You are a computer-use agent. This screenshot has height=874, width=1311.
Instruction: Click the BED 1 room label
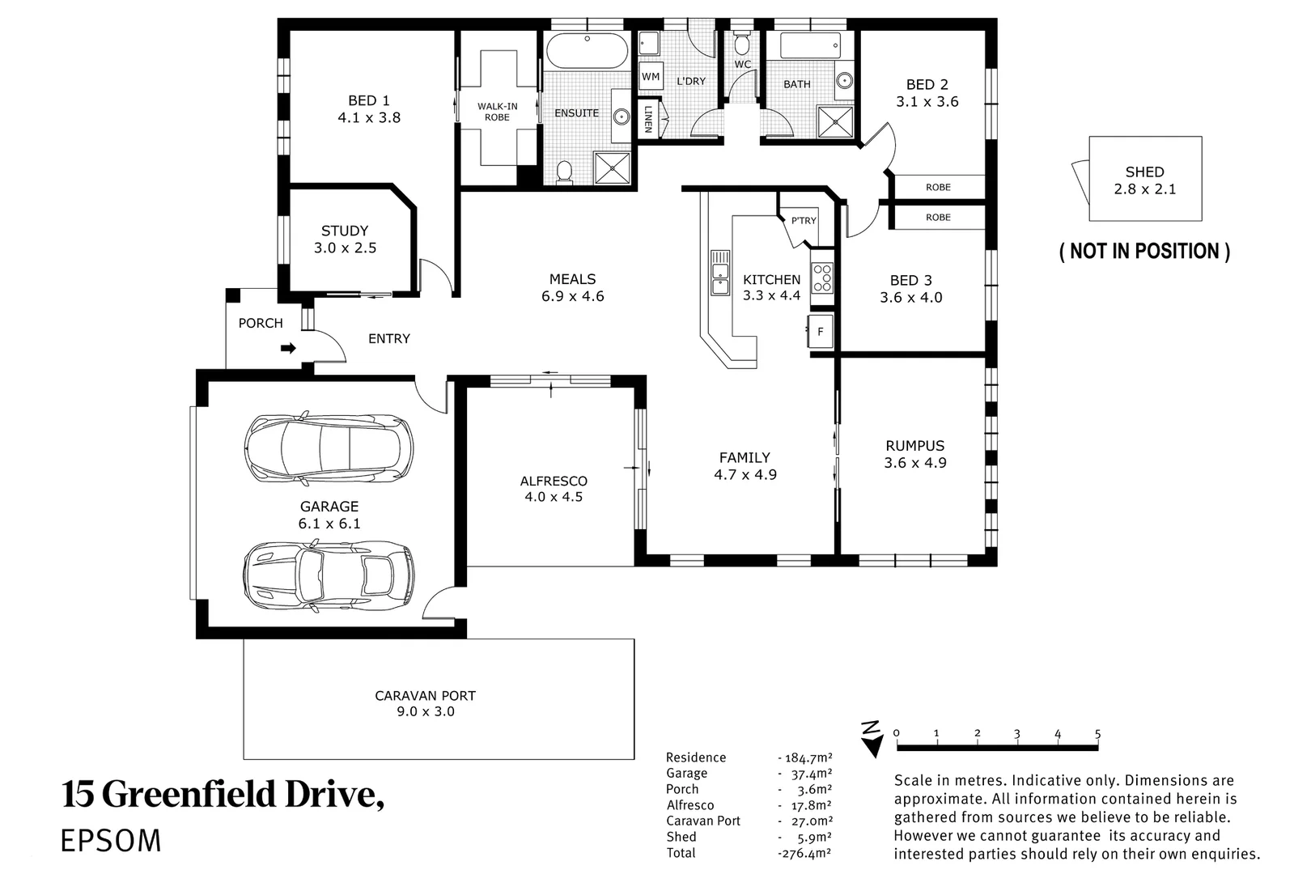click(x=369, y=101)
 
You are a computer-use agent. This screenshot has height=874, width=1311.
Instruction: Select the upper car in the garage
click(x=329, y=449)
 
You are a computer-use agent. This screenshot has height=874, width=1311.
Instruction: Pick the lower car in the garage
click(x=329, y=575)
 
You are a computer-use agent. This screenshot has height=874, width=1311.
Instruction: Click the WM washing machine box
click(x=651, y=77)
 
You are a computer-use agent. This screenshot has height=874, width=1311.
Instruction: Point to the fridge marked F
click(x=821, y=332)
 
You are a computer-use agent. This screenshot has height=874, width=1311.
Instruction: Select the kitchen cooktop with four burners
click(x=822, y=278)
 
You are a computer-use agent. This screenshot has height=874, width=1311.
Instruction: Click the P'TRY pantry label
click(x=803, y=220)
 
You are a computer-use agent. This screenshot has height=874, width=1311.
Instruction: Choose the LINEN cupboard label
click(x=648, y=119)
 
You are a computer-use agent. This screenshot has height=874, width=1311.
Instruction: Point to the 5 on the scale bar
click(x=1098, y=734)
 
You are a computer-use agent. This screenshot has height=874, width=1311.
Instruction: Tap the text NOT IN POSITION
click(x=1144, y=252)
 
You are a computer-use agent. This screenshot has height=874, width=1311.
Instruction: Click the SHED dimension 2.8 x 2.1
click(x=1144, y=189)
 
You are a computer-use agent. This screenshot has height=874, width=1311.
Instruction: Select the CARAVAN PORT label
click(x=425, y=695)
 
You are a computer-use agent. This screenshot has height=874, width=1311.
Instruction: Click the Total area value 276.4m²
click(x=804, y=853)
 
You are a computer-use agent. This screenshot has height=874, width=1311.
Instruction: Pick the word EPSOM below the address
click(x=111, y=841)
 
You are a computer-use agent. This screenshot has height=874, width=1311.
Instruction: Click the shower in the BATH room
click(x=835, y=122)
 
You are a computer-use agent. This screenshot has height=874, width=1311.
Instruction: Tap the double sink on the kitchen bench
click(x=719, y=273)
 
